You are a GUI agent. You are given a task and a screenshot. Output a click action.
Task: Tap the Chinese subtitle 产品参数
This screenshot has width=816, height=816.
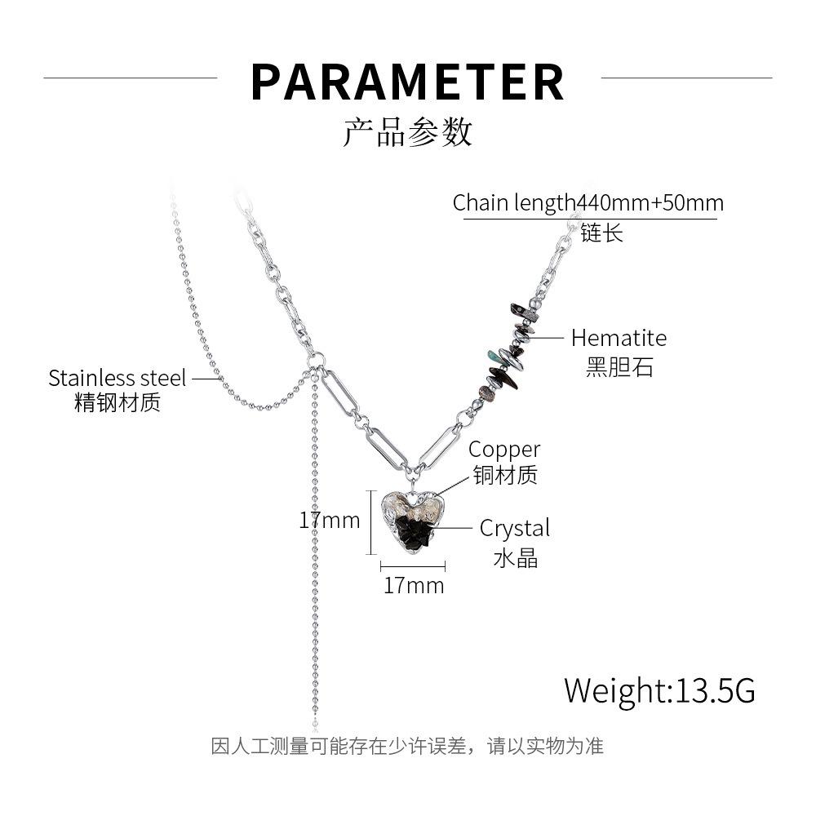[407, 132]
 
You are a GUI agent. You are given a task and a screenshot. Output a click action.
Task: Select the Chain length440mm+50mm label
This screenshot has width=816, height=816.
[588, 202]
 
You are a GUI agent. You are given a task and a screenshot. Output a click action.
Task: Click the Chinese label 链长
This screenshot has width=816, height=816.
[602, 233]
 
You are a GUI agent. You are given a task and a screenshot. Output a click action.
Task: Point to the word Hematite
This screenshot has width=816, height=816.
[619, 338]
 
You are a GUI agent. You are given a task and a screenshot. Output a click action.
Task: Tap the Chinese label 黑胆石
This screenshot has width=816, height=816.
[619, 367]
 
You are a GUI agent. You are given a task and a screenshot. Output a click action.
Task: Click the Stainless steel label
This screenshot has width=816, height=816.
[118, 378]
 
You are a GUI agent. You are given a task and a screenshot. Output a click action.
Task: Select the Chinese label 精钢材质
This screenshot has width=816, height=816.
[118, 402]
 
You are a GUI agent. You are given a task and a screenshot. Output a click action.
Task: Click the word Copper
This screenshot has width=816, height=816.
[504, 450]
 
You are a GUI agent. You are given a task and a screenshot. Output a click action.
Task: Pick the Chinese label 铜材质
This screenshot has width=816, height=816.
[505, 475]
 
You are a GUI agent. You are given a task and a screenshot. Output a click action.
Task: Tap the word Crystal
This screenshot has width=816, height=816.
[515, 528]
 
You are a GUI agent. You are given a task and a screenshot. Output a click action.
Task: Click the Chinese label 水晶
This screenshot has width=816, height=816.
[515, 558]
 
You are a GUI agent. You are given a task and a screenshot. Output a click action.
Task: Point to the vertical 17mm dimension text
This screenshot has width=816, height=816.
[330, 520]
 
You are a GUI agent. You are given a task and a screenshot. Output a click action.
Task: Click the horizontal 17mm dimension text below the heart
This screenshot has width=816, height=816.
[414, 585]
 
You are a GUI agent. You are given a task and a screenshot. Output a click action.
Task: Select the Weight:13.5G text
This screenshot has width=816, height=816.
[659, 690]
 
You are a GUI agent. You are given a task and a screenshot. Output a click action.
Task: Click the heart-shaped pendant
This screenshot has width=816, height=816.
[413, 522]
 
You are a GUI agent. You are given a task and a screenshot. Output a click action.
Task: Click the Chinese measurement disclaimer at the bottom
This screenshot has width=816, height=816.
[407, 746]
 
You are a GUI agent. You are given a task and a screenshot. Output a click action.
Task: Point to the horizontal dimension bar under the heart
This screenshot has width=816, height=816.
[413, 566]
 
